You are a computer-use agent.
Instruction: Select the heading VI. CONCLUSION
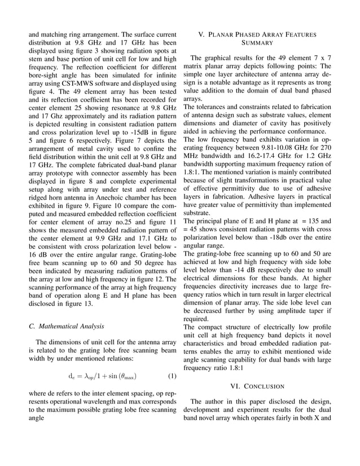(x=257, y=386)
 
